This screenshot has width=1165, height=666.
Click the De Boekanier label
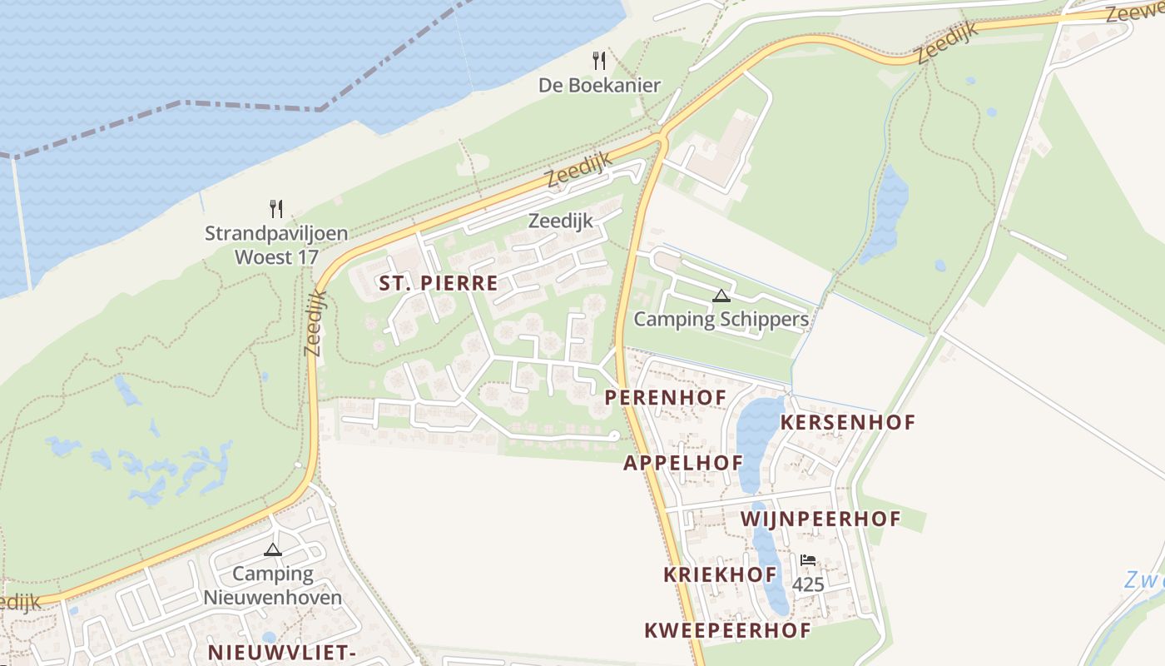coord(599,85)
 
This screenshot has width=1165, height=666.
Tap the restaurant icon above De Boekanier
coord(598,60)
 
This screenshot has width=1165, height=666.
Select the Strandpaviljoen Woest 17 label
coord(276,245)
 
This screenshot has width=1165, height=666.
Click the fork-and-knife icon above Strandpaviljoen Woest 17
coord(276,208)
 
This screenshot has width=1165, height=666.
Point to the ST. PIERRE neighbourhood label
coord(439,283)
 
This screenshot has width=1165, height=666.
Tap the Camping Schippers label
coord(721,319)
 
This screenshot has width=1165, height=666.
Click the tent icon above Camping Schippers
coord(721,296)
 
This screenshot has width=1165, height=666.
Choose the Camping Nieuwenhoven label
coord(273,585)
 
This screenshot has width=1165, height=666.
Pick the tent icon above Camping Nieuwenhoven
coord(273,549)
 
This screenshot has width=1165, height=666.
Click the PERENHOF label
coord(666,398)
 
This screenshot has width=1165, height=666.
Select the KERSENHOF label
coord(847,422)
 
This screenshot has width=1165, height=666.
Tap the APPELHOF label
coord(682,463)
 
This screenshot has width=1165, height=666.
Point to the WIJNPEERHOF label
coord(820,519)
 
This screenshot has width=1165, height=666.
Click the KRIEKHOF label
coord(720,574)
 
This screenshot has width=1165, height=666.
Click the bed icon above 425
coord(807,560)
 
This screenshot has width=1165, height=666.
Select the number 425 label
coord(808,584)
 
